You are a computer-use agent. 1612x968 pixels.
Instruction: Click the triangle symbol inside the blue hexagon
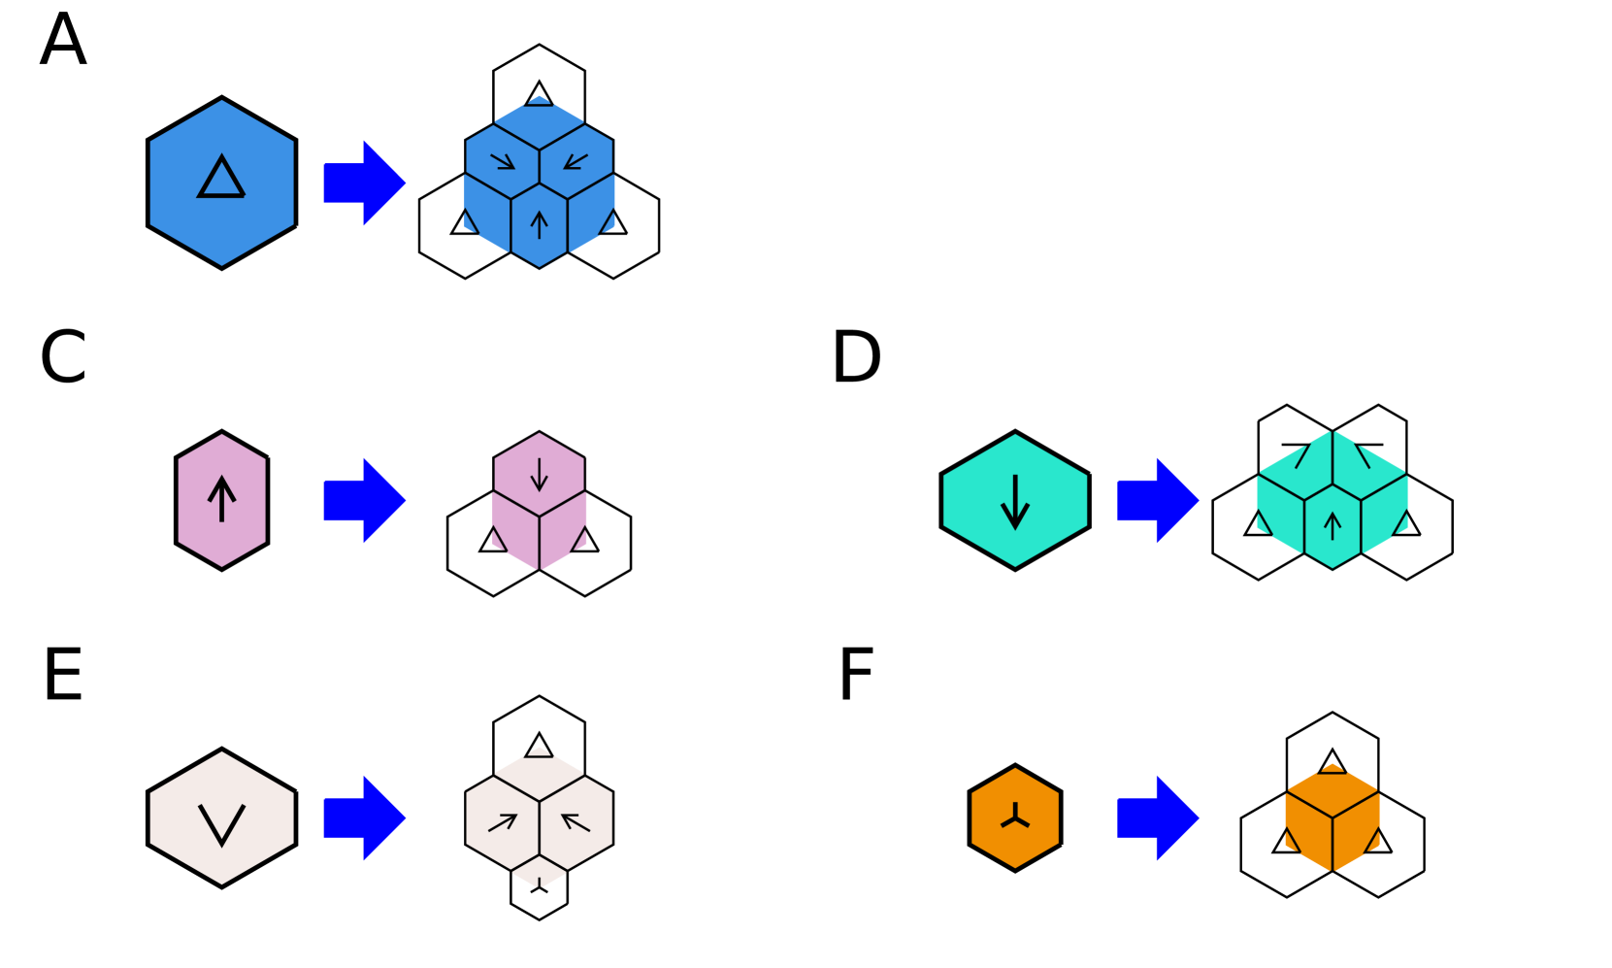[x=221, y=179]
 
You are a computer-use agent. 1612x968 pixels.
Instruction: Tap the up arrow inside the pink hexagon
[x=222, y=499]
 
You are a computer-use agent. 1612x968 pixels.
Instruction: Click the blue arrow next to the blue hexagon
[x=364, y=183]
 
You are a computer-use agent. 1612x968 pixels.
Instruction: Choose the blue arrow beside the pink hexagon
[x=364, y=500]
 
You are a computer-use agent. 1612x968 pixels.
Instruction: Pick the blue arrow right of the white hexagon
[x=364, y=818]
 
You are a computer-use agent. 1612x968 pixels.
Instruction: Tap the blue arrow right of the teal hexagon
[x=1158, y=500]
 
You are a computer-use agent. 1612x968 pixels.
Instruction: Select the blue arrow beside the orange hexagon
[x=1158, y=818]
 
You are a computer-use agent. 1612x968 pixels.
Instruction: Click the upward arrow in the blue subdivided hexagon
[x=540, y=225]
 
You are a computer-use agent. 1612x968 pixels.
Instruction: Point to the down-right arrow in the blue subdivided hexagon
[x=503, y=160]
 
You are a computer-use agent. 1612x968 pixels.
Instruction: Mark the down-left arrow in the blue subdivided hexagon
[x=576, y=160]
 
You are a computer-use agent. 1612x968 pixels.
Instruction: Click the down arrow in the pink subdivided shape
[x=540, y=473]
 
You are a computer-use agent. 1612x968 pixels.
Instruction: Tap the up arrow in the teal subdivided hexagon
[x=1332, y=525]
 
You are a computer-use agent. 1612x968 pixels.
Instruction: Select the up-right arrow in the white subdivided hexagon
[x=503, y=823]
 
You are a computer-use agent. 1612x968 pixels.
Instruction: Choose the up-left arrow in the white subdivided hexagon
[x=576, y=823]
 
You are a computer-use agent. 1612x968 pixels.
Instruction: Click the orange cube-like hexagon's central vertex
[x=1332, y=818]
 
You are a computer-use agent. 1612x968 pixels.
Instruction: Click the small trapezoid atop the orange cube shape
[x=1332, y=769]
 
